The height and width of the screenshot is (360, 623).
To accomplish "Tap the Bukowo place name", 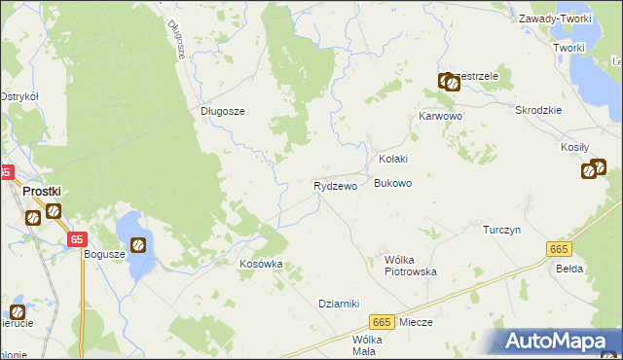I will click(x=393, y=183).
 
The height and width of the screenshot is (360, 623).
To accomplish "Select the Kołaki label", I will click(x=392, y=159).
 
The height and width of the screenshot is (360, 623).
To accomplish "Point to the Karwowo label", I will click(x=439, y=116).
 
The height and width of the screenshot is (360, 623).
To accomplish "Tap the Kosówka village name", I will click(x=261, y=264).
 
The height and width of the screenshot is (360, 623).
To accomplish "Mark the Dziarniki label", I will click(x=340, y=303).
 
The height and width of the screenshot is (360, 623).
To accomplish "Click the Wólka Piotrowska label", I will click(x=410, y=266).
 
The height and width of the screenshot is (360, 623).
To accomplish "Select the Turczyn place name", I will click(x=503, y=230).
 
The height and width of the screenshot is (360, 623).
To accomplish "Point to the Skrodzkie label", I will click(x=539, y=110).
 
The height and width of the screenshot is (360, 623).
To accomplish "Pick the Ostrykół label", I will click(x=18, y=96).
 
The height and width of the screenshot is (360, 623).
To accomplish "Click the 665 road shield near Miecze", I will click(x=381, y=322).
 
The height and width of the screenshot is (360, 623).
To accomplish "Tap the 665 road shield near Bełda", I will click(x=558, y=250).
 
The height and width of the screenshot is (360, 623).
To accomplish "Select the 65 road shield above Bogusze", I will click(x=78, y=238).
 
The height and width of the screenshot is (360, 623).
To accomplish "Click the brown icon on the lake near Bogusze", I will click(x=138, y=244).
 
